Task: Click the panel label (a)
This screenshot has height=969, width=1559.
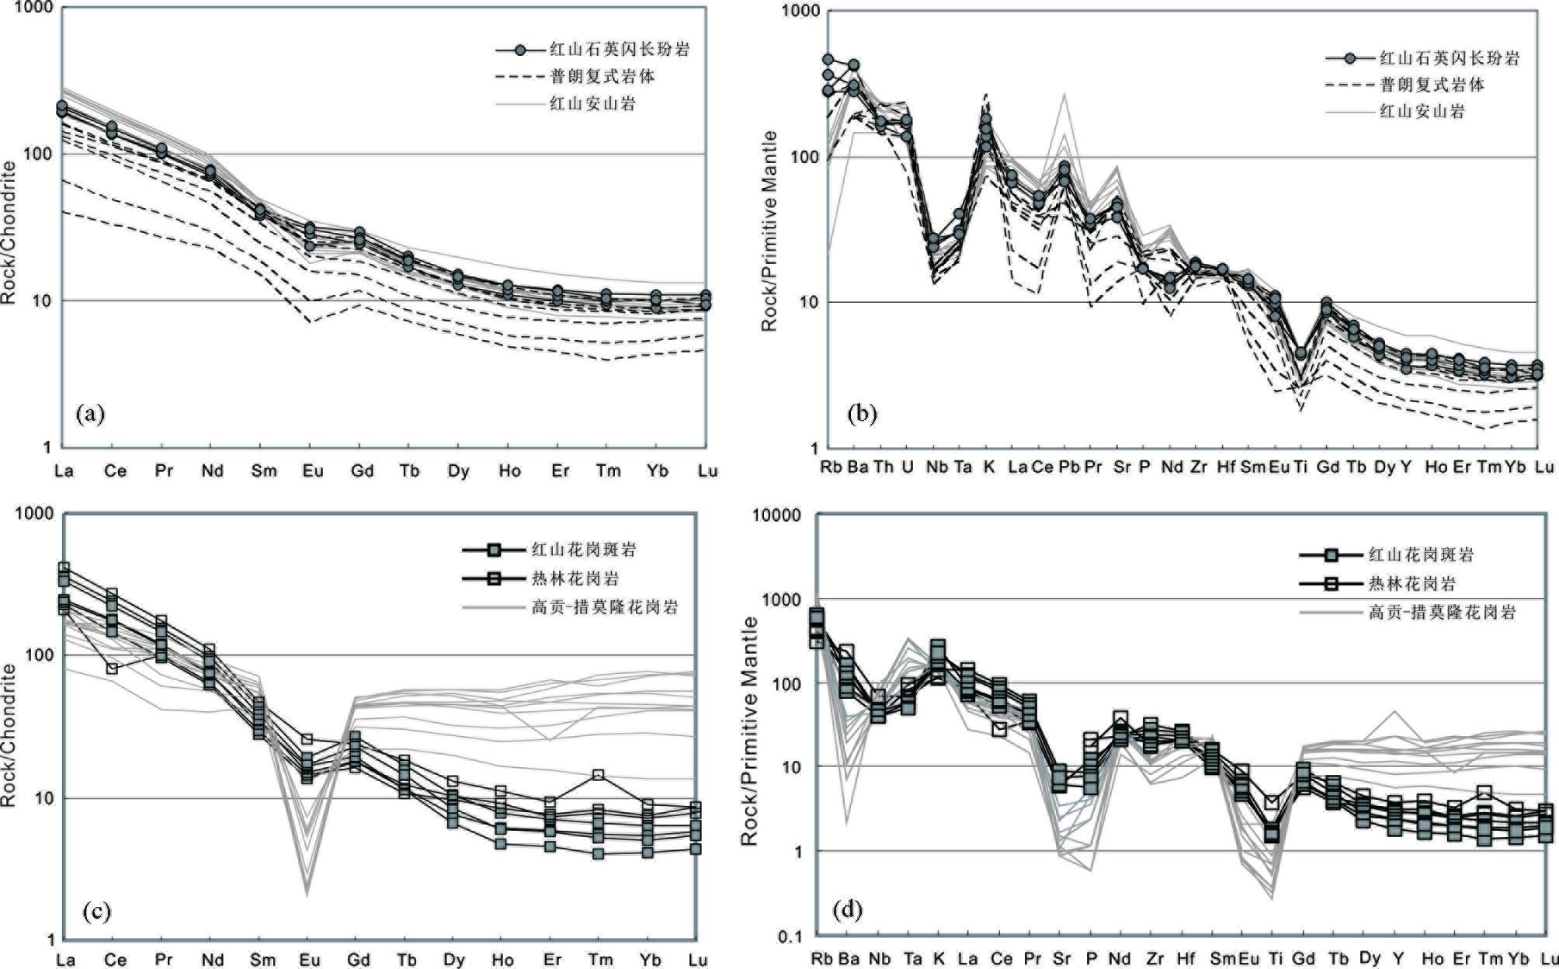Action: coord(90,414)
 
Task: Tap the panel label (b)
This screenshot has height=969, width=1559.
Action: coord(862,414)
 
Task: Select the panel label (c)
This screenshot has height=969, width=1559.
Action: coord(96,910)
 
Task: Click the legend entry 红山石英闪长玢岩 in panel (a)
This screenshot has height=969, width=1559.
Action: coord(620,50)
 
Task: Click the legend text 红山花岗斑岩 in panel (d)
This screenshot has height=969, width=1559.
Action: coord(1421,554)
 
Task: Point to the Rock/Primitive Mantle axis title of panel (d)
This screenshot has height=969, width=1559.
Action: coord(750,730)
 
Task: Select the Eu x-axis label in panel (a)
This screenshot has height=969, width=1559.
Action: coord(312,471)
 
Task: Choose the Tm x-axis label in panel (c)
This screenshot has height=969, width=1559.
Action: coord(600,960)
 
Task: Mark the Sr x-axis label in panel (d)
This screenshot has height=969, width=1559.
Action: coord(1062,958)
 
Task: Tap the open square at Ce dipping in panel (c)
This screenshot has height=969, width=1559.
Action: coord(112,668)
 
